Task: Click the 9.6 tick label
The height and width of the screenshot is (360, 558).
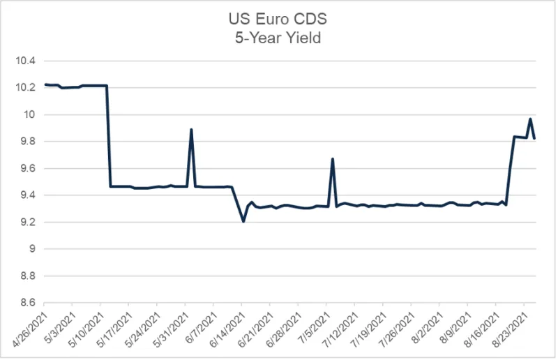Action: point(27,168)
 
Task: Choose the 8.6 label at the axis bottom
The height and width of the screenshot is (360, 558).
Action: point(27,303)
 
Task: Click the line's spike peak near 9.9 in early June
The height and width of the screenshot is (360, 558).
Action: point(191,129)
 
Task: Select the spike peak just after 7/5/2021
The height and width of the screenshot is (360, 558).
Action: point(332,159)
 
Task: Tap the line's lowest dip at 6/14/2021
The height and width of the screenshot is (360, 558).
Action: point(243,221)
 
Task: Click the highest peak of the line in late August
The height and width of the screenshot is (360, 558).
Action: point(530,119)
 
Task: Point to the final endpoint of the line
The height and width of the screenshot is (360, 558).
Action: point(534,138)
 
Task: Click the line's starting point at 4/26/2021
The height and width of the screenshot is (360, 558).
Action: point(45,84)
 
